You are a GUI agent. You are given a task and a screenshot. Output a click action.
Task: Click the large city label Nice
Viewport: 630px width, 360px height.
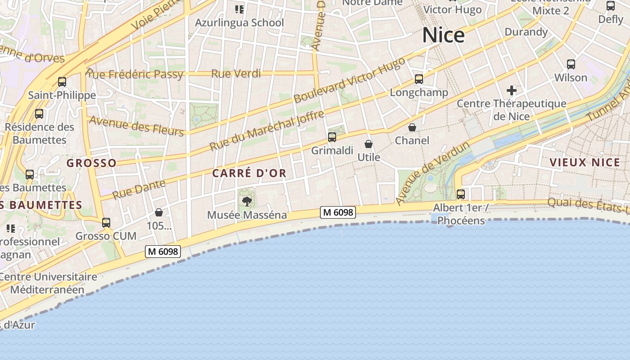pyautogui.click(x=443, y=35)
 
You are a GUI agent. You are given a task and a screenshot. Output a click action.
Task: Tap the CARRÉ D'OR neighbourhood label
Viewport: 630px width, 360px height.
pyautogui.click(x=249, y=173)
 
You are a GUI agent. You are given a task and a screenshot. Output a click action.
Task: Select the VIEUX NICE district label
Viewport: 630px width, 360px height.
pyautogui.click(x=585, y=162)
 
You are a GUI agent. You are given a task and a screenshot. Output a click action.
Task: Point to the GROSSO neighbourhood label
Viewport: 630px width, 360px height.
pyautogui.click(x=91, y=163)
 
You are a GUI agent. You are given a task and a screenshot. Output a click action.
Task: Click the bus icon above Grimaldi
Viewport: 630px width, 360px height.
pyautogui.click(x=332, y=137)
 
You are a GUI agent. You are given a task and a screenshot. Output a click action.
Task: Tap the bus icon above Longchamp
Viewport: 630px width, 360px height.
pyautogui.click(x=419, y=79)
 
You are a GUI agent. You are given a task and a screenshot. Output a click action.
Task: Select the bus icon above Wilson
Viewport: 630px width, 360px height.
pyautogui.click(x=571, y=64)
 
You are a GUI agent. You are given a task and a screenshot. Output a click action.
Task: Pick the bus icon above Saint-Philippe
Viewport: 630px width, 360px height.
pyautogui.click(x=62, y=82)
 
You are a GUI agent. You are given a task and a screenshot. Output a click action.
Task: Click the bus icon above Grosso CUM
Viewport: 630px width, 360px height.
pyautogui.click(x=106, y=222)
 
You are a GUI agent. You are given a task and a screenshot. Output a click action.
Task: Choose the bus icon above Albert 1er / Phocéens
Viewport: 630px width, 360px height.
pyautogui.click(x=461, y=194)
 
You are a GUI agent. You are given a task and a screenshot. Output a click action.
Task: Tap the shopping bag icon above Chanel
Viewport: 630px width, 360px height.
pyautogui.click(x=412, y=127)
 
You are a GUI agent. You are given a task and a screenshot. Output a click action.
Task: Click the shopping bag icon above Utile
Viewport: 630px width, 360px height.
pyautogui.click(x=369, y=144)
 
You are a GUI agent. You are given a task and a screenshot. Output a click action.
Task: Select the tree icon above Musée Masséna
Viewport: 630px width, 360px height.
pyautogui.click(x=247, y=201)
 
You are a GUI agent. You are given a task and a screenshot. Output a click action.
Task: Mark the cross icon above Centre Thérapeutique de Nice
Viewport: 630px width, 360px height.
pyautogui.click(x=512, y=90)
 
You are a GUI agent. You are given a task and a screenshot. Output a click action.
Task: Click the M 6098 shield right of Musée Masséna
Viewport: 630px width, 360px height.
pyautogui.click(x=338, y=212)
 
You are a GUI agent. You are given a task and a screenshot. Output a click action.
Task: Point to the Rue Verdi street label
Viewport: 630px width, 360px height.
pyautogui.click(x=236, y=73)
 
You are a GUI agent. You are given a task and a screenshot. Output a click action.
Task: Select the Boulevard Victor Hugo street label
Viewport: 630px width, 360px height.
pyautogui.click(x=349, y=81)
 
